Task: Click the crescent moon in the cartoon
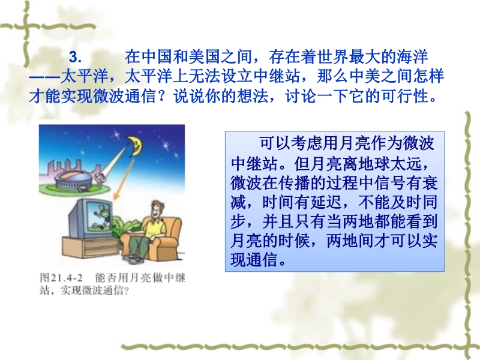[x=136, y=145]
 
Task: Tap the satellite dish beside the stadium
[x=100, y=178]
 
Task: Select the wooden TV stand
[x=91, y=248]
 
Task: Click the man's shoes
[x=134, y=260]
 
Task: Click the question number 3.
[x=75, y=57]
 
